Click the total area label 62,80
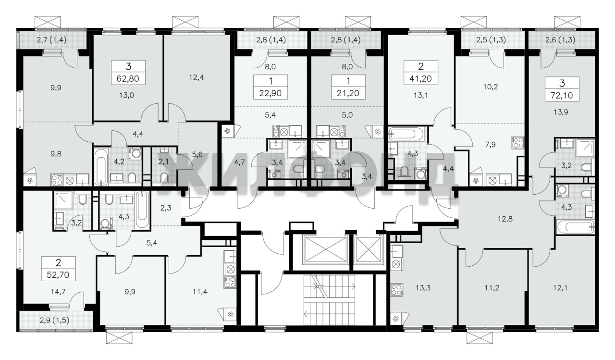click(x=128, y=78)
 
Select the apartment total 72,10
click(x=562, y=95)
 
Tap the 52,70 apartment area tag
click(x=58, y=274)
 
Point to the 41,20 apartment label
click(x=420, y=78)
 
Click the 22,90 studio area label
click(x=271, y=93)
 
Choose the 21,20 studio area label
click(x=348, y=93)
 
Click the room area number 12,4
click(x=197, y=77)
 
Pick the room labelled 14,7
click(x=58, y=291)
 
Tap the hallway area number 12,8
click(x=505, y=219)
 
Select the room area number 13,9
click(x=561, y=112)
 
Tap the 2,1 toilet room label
click(x=163, y=162)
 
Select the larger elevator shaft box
click(x=325, y=249)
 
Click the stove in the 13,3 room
click(x=397, y=289)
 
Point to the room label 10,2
click(x=491, y=87)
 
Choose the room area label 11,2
click(x=492, y=288)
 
